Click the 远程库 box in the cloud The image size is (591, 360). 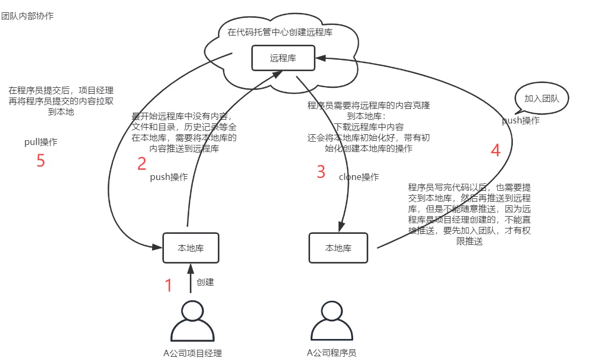pos(283,58)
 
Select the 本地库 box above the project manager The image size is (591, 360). pos(191,248)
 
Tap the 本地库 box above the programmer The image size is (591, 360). pos(338,248)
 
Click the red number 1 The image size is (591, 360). pos(168,285)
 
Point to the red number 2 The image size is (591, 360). pos(142,163)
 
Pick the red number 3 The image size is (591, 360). pos(321,172)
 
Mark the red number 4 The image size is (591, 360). pos(496,150)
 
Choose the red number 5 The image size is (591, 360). pos(40,161)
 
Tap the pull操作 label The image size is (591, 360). pos(41,142)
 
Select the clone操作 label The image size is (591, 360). pos(359,177)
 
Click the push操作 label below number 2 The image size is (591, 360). pos(169,177)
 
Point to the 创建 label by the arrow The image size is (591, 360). pos(205,282)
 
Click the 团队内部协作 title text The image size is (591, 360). pos(28,16)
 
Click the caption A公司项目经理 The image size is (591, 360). pos(193,354)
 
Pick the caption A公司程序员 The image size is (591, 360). pos(331,353)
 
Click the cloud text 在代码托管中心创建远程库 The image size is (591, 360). pos(280,32)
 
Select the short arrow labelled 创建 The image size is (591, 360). pos(190,278)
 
